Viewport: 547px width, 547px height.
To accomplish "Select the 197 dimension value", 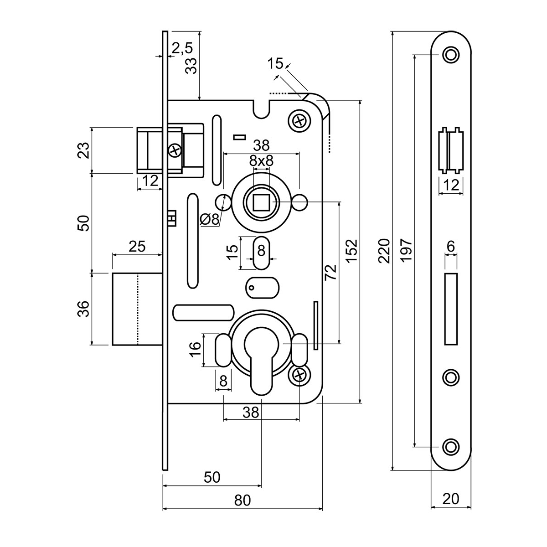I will (x=407, y=249).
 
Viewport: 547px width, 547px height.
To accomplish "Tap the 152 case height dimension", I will (x=351, y=251).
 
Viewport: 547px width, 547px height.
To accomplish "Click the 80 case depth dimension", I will (x=243, y=501).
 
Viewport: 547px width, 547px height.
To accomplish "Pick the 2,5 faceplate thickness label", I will (x=182, y=47).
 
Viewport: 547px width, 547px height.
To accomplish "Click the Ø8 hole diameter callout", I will (x=209, y=219).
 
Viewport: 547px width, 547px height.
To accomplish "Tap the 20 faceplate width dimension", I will (x=451, y=499).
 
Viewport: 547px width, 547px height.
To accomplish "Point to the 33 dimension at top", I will (x=191, y=67).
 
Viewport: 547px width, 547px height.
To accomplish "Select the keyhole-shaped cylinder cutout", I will (x=261, y=360).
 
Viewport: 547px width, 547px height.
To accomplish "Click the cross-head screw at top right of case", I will (x=299, y=121).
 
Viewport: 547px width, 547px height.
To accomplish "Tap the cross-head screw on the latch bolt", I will (x=175, y=149).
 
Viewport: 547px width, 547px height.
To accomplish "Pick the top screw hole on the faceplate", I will (x=451, y=55).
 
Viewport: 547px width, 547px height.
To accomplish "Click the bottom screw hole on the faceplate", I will (x=451, y=446).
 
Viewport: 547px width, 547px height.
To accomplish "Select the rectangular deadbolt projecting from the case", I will (x=137, y=309).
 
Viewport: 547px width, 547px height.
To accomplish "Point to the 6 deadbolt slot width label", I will (x=450, y=247).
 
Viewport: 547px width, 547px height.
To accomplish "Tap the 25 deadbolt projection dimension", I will (x=137, y=247).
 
